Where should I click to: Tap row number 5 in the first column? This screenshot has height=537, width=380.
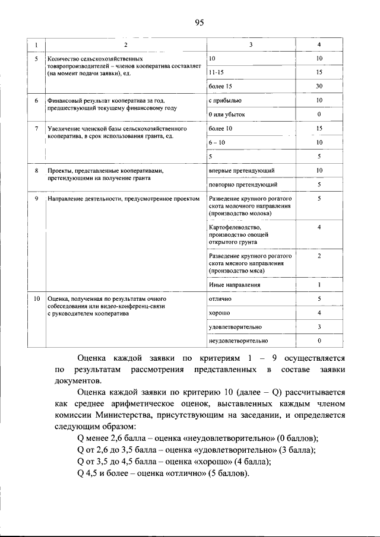coord(36,59)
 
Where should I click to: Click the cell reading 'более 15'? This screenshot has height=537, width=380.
coord(220,87)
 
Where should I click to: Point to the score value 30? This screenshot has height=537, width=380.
coord(319,87)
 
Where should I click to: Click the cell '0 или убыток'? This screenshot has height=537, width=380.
coord(227,115)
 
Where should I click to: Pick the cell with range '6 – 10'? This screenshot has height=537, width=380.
coord(217,143)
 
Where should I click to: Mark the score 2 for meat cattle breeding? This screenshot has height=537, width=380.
coord(319,256)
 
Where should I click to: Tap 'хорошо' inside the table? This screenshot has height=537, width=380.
coord(220,313)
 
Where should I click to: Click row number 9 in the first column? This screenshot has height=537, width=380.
coord(36,199)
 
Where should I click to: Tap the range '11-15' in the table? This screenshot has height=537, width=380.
coord(217,72)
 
